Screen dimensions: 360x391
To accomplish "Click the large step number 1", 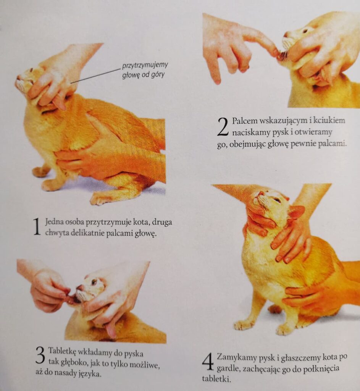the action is click(37, 226).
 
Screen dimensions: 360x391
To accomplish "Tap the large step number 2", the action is click(223, 127).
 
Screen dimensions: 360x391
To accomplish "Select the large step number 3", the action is click(40, 355).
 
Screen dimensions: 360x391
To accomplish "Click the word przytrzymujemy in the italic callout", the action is click(145, 66).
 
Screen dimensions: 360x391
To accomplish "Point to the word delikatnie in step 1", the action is click(88, 233).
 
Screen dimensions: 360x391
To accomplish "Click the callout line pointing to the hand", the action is click(96, 76).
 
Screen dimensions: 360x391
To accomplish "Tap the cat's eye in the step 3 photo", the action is click(94, 282).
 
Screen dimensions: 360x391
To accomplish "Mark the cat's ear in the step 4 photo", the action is click(297, 212).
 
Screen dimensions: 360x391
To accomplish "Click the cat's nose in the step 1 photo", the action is click(18, 77).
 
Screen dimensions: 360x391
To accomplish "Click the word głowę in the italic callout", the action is click(131, 75).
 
